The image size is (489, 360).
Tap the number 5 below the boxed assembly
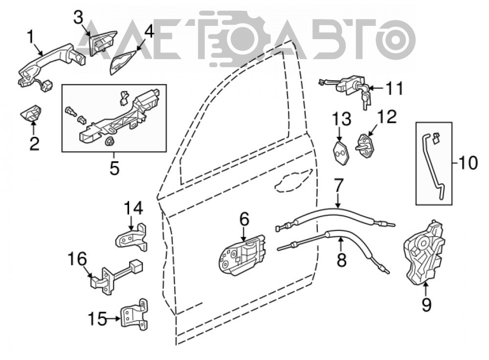(114, 168)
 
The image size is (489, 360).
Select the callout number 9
(426, 304)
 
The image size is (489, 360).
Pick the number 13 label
(341, 119)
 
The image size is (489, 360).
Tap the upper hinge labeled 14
(132, 238)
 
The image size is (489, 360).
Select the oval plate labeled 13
(340, 152)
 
